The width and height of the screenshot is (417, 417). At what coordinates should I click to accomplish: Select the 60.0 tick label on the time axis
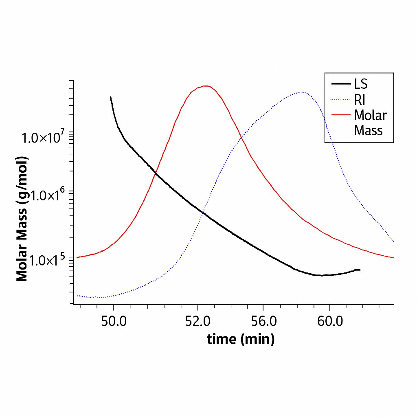(329, 321)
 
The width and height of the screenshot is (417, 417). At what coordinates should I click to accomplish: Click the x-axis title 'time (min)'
(241, 339)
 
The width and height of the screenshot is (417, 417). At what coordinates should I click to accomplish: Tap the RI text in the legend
(360, 100)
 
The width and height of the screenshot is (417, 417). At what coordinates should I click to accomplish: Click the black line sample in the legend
(341, 84)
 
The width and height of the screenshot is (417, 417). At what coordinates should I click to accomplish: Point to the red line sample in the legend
(341, 115)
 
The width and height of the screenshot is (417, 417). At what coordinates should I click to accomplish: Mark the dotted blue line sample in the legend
(341, 100)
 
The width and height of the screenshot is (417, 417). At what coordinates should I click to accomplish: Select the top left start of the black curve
(111, 97)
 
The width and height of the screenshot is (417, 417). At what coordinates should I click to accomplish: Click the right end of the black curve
(360, 270)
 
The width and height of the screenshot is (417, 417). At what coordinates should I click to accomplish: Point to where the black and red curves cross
(156, 174)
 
